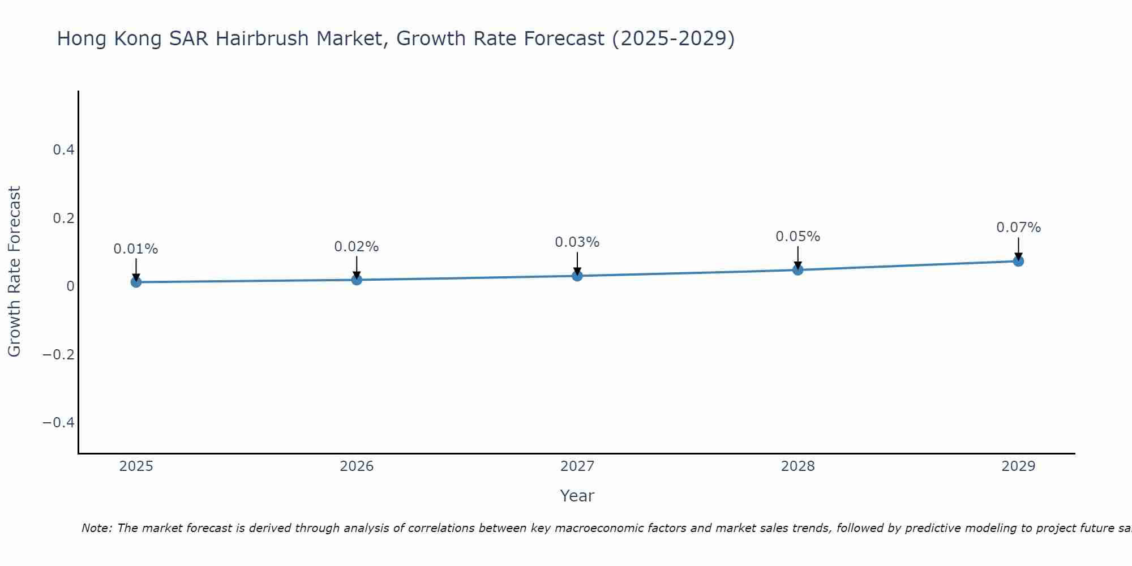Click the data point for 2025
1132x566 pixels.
(x=136, y=282)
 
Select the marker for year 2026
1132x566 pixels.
(x=357, y=280)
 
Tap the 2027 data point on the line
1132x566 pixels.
(x=577, y=276)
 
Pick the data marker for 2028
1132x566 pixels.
(x=798, y=270)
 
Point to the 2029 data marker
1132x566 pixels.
(x=1018, y=261)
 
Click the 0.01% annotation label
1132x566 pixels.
(x=136, y=249)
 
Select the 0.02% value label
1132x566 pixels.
(x=357, y=247)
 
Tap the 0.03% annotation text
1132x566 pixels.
(x=577, y=242)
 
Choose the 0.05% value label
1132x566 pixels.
(x=798, y=237)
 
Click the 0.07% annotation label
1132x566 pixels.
(x=1018, y=228)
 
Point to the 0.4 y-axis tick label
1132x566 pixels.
(x=63, y=150)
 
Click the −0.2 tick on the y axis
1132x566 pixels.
(x=58, y=355)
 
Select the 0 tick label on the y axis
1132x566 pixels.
(x=70, y=286)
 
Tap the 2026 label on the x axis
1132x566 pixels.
(x=357, y=466)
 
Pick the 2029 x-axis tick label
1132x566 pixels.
(x=1018, y=466)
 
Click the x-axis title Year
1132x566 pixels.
(x=577, y=496)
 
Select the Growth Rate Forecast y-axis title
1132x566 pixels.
(x=14, y=272)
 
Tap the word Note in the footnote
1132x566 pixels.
(x=97, y=528)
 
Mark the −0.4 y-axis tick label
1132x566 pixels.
(x=58, y=423)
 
